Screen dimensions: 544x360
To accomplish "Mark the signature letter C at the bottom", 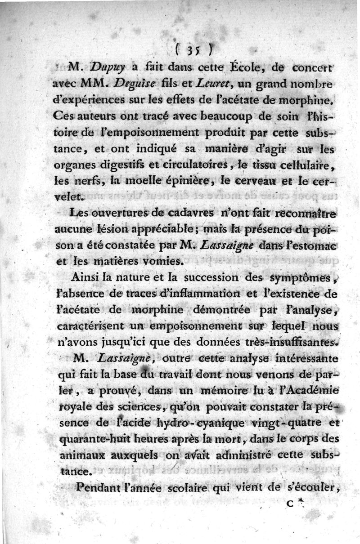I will click(289, 504).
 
